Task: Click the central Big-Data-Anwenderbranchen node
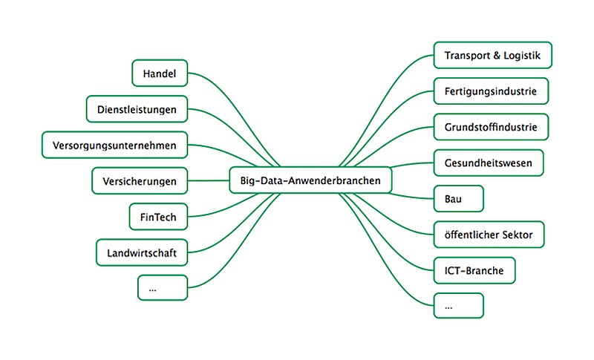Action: pos(310,180)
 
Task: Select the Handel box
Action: pos(160,73)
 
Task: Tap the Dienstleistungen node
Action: pos(137,109)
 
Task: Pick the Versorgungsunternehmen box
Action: pos(115,145)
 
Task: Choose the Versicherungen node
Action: pos(140,181)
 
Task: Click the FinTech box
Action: pos(158,217)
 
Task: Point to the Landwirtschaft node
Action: pos(142,252)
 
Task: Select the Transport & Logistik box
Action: pos(493,55)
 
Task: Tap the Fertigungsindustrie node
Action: pos(491,91)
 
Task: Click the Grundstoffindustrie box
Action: pos(491,127)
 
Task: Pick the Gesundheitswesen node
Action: pos(489,163)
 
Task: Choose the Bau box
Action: pos(458,199)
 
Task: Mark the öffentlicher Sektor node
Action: pos(489,235)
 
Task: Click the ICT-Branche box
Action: pos(474,270)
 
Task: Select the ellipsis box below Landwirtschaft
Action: pos(163,288)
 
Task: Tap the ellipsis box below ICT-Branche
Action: pos(458,306)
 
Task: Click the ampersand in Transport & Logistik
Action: pos(497,56)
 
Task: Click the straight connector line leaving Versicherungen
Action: pos(209,180)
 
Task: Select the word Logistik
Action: pos(522,56)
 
